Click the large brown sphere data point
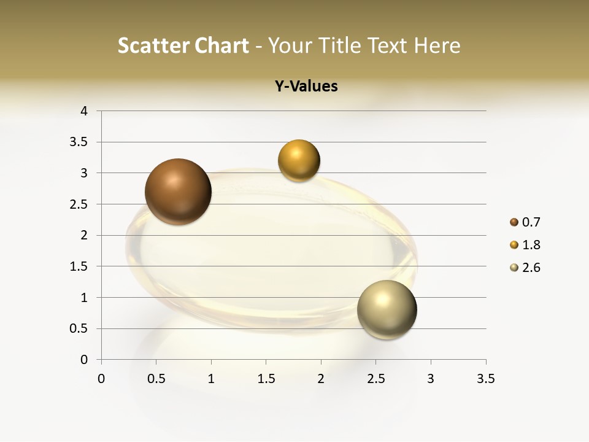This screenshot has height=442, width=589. coord(178,192)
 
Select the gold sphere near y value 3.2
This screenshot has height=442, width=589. coord(299,161)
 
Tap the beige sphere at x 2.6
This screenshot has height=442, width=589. coord(387,309)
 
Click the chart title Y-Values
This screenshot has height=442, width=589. coord(306,87)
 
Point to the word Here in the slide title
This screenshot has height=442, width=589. coord(437,45)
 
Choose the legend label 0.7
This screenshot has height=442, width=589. coord(531,222)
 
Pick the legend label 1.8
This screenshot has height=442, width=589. coord(531,245)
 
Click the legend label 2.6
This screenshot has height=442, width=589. coord(531,268)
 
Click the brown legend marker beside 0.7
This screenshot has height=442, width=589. coord(514,222)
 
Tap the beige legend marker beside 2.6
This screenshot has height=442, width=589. coord(514,268)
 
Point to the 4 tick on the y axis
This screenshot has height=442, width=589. coord(84,111)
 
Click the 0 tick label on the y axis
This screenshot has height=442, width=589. coord(84,360)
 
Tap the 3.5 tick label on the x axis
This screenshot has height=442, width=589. coord(485,379)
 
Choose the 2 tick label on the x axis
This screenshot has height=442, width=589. coord(321,379)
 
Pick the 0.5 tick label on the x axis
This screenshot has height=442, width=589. coord(156,379)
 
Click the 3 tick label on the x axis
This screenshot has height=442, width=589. coord(431,379)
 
